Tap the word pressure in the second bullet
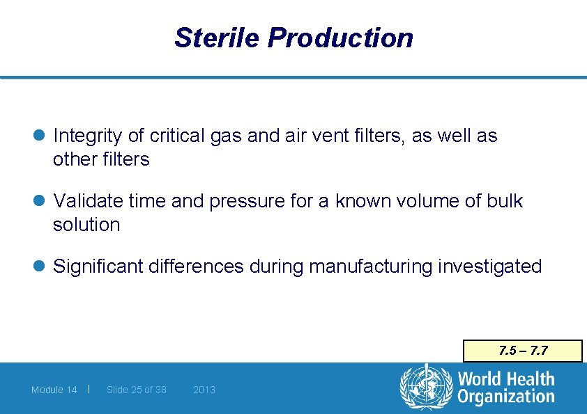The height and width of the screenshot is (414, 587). coord(238,202)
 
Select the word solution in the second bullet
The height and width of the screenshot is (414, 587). coord(86,225)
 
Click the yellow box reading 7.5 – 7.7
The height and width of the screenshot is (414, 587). coord(523,351)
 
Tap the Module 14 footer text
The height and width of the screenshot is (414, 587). coord(54,390)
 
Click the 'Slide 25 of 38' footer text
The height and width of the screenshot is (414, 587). coord(137,390)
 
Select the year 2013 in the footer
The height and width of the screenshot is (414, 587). coord(204,390)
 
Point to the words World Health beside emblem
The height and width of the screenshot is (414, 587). coord(505,379)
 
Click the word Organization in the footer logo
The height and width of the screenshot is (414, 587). coord(505,397)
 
